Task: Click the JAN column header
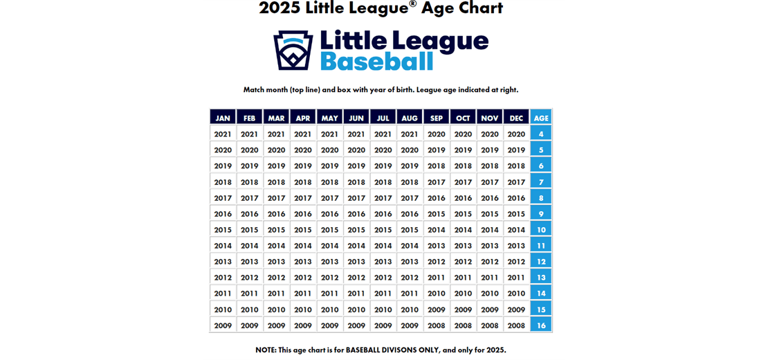coord(223,118)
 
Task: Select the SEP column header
coord(437,118)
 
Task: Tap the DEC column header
coord(516,118)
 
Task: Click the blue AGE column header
coord(541,118)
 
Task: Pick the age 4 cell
coord(541,134)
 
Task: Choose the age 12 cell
coord(541,262)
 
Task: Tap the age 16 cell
coord(541,325)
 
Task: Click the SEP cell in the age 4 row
coord(437,134)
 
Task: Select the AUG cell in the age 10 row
coord(410,230)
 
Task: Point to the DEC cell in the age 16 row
coord(516,325)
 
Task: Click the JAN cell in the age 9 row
coord(223,214)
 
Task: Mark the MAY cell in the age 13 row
coord(330,278)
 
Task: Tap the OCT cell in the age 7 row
coord(463,182)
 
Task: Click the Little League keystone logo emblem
coord(293,50)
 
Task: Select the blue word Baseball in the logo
coord(376,61)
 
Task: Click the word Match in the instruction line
coord(255,90)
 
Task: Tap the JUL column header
coord(383,118)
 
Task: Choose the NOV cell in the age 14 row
coord(490,294)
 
